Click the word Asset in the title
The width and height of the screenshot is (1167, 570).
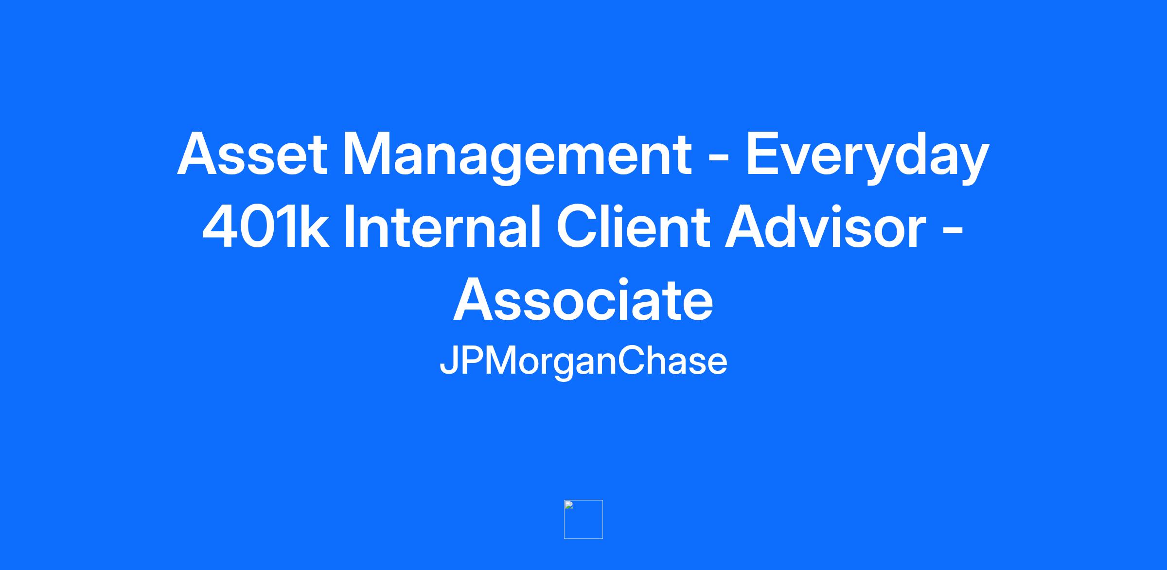coord(252,154)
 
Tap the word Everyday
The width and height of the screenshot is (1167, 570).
coord(867,157)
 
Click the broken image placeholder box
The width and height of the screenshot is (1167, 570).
coord(583,519)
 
